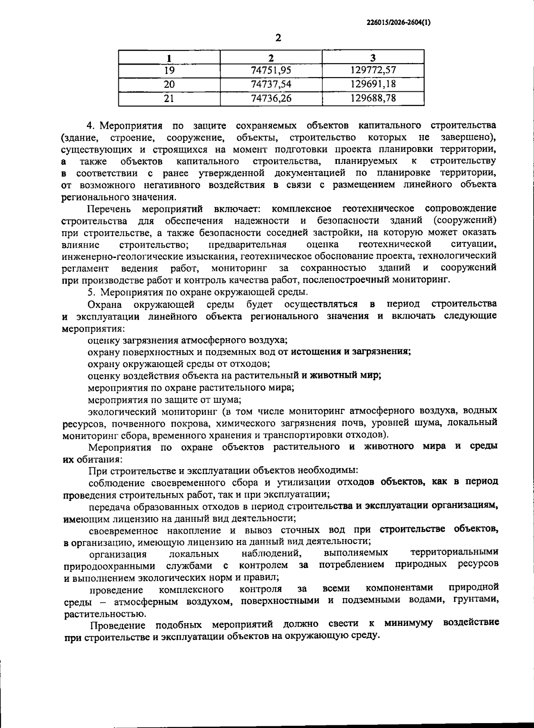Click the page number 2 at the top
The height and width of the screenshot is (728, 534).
[x=278, y=38]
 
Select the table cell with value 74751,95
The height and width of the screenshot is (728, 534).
[x=271, y=70]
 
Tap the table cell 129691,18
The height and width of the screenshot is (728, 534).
[x=373, y=84]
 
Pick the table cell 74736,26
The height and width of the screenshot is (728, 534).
[x=271, y=98]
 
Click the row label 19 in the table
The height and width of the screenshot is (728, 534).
[x=169, y=70]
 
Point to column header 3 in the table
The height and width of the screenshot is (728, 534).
[x=373, y=57]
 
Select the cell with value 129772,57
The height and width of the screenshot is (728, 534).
[x=373, y=70]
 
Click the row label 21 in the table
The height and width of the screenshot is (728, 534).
[x=169, y=98]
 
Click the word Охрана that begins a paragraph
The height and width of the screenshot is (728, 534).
[x=105, y=304]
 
